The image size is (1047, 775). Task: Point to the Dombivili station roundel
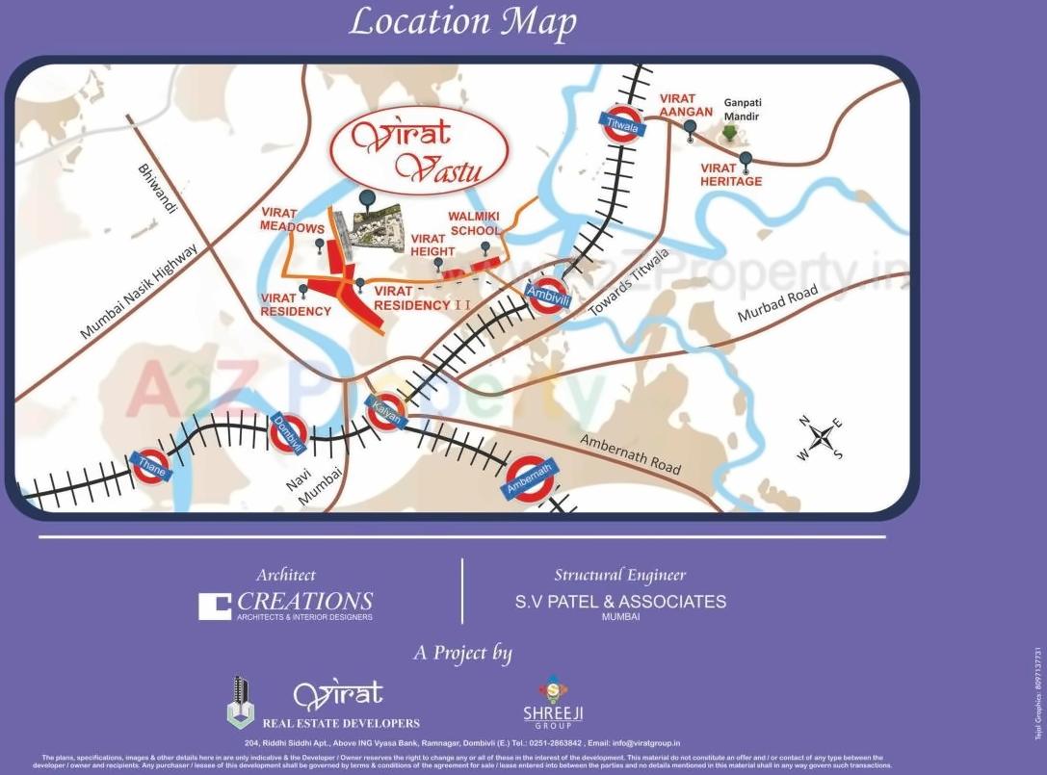click(x=288, y=432)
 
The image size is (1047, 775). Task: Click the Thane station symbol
click(x=150, y=467)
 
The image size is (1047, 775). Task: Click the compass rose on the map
click(x=821, y=439)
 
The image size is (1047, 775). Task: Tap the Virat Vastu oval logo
click(x=419, y=152)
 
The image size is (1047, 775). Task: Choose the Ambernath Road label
click(x=630, y=452)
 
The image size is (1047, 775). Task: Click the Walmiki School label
click(x=474, y=223)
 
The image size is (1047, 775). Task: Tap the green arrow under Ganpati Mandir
click(x=729, y=133)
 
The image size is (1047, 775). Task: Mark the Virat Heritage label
click(x=731, y=175)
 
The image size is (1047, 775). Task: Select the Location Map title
click(x=462, y=21)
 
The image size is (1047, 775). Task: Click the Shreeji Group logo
click(x=553, y=702)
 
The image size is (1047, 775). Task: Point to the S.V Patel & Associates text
click(x=620, y=602)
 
